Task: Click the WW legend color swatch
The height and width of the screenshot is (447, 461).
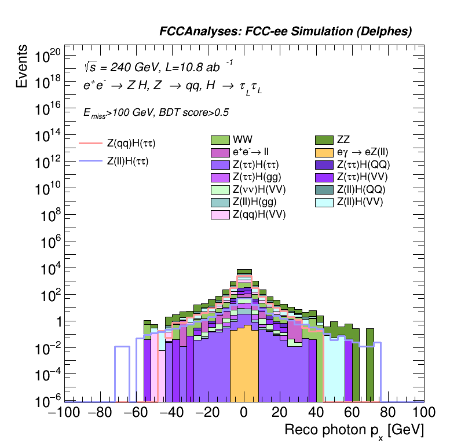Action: click(220, 140)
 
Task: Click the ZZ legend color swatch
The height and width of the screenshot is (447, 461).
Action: click(324, 140)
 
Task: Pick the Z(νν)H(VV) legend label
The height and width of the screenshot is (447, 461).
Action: click(259, 189)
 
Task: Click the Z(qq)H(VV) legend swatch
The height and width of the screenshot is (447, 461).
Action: click(220, 215)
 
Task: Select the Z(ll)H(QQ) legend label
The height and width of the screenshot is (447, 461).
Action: click(361, 189)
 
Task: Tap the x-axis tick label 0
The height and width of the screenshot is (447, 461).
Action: click(244, 413)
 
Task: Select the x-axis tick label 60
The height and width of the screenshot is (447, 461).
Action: click(352, 413)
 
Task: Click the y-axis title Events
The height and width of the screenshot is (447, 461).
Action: click(21, 66)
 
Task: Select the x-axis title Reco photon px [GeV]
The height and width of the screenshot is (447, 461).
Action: click(354, 430)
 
